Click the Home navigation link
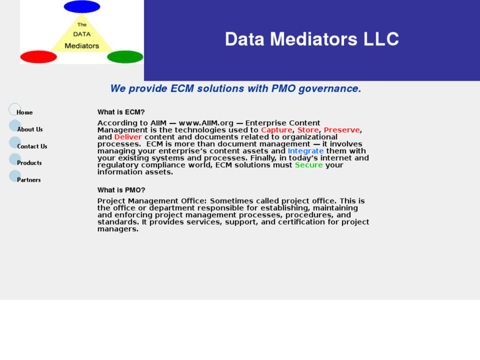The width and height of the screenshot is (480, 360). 25,112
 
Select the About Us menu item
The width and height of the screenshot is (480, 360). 30,129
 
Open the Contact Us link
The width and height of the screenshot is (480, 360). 32,146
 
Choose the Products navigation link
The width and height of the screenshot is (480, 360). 30,163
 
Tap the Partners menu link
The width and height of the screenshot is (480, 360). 29,180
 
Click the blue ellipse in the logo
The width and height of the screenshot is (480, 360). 82,7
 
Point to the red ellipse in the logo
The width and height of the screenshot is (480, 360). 39,57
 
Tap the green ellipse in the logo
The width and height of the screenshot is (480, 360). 125,57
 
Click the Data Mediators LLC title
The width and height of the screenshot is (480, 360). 312,39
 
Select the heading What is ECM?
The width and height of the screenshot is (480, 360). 121,112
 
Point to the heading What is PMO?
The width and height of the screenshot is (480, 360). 121,190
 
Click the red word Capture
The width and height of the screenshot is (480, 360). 276,130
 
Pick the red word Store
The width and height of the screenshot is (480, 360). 308,130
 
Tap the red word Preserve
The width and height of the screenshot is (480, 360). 342,130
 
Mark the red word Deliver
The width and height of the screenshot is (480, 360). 128,137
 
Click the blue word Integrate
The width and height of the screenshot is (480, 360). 306,151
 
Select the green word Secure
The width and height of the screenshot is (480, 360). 309,165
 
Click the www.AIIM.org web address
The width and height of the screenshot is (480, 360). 207,123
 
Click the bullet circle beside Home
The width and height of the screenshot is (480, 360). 15,109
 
